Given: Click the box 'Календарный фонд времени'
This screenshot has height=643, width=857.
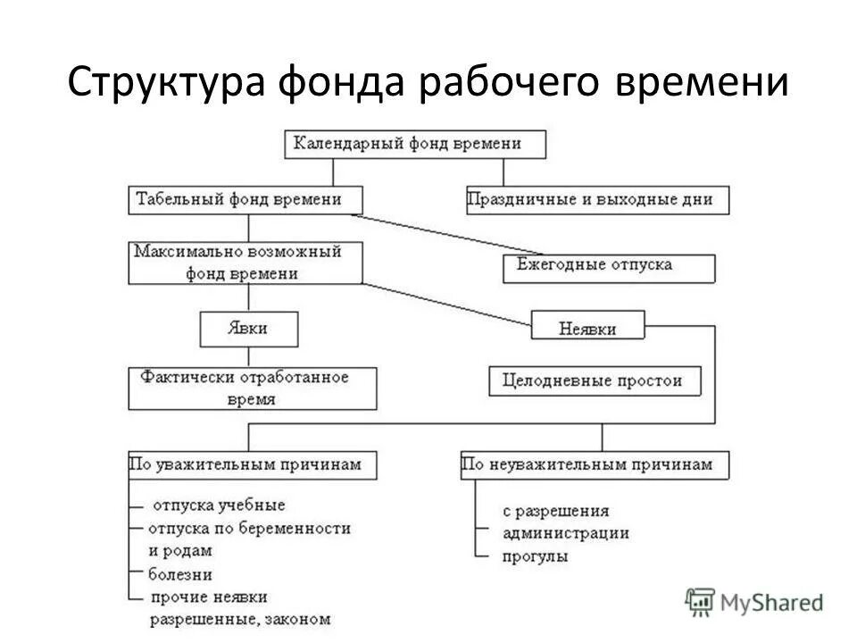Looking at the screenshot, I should click(x=415, y=144).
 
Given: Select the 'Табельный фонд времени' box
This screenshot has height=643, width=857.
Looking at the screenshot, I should click(x=245, y=199).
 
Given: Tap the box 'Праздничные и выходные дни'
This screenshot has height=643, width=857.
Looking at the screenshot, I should click(x=597, y=200).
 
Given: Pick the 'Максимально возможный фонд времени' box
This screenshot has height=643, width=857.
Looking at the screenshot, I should click(x=246, y=263).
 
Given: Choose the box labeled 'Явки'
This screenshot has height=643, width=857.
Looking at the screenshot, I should click(x=248, y=329).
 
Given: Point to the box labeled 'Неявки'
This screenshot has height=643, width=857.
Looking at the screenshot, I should click(x=587, y=326).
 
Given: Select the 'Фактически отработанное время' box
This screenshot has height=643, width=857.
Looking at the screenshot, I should click(x=253, y=388).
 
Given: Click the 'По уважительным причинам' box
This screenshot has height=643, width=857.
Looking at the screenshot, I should click(x=252, y=464).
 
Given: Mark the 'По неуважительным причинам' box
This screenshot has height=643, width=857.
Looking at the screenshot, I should click(x=594, y=464).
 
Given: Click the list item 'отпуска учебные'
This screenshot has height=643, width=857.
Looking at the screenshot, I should click(x=219, y=505).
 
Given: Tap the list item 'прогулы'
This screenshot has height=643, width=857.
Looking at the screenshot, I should click(x=535, y=556).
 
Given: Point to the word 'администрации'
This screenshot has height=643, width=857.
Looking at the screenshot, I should click(x=565, y=533).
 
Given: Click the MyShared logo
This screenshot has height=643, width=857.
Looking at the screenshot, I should click(x=754, y=602).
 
